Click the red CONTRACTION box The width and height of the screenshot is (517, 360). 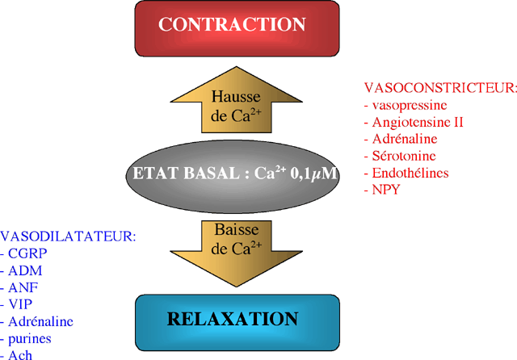237,29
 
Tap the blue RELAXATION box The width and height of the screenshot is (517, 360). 237,323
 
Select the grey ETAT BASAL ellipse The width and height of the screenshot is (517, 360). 233,176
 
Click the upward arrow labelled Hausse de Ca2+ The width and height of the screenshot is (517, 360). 237,100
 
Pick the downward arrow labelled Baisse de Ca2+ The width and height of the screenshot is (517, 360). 237,253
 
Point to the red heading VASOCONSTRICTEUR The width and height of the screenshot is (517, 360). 440,88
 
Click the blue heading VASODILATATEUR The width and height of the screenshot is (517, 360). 68,237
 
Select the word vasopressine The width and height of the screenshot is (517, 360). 410,106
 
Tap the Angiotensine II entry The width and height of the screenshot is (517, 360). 418,122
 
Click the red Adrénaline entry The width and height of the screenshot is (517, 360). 405,139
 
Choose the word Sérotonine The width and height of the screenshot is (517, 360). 404,156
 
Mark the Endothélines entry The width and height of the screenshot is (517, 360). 410,173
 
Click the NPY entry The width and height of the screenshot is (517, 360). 386,190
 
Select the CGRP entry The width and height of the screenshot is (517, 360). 27,253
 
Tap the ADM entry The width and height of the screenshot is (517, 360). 25,270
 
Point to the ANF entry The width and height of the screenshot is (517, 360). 23,287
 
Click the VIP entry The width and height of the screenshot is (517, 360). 20,304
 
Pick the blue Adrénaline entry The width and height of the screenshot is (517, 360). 40,321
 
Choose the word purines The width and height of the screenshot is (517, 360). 30,339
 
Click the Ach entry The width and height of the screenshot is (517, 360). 20,354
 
